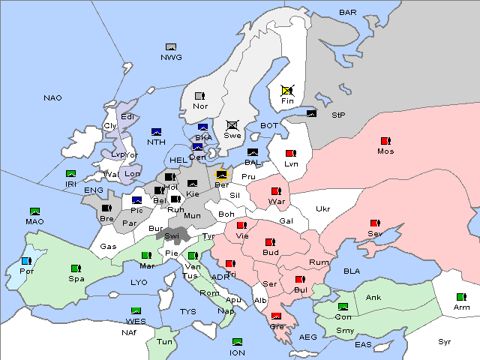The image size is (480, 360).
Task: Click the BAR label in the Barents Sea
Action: pos(348,12)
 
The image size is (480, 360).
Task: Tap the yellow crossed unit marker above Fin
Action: pos(287,89)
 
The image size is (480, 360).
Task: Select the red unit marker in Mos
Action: pos(385,141)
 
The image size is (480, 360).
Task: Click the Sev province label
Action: pos(374,234)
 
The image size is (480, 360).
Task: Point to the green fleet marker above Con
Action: pos(343,307)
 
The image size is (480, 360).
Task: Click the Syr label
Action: pos(445,341)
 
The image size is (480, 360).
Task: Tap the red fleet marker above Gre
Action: pos(276,316)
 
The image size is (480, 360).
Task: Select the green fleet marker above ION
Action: pos(237,342)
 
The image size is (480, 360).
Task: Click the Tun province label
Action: pos(164,341)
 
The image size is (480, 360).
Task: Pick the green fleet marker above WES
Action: pos(136,311)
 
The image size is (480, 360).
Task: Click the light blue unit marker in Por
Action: pos(27,261)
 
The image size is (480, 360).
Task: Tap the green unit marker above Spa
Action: pos(75,268)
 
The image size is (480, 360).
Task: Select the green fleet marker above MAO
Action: pos(34,211)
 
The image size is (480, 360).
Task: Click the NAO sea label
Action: pos(52,98)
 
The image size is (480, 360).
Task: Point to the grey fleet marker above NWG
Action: pos(171,47)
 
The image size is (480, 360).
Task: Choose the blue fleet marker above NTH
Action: pos(156,132)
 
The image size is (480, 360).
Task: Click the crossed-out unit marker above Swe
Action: pos(232,124)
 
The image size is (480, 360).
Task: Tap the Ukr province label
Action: pos(322,209)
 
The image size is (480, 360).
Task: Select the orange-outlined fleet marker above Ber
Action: pos(221,175)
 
